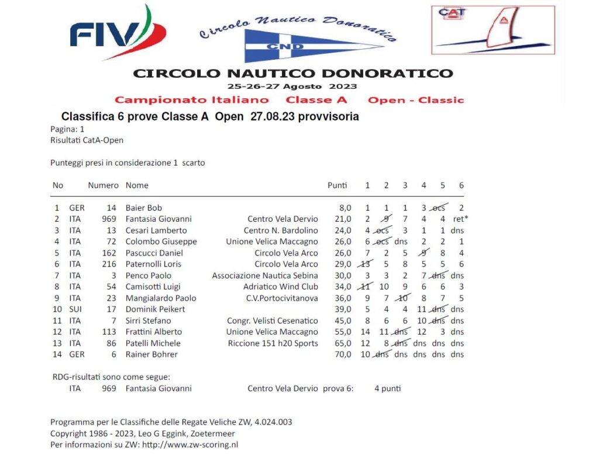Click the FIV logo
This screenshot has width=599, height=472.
[117, 34]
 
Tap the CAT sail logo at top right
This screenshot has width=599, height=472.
[493, 30]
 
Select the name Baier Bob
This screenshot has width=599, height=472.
[144, 208]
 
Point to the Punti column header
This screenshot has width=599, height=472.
[338, 185]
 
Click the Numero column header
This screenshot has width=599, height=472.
[103, 185]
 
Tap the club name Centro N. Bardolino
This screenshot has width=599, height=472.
[281, 230]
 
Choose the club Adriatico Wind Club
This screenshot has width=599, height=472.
[281, 287]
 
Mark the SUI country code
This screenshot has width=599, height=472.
[76, 309]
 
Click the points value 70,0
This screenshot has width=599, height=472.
[343, 354]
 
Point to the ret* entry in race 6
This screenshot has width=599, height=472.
[461, 219]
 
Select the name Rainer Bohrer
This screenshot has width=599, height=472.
[152, 354]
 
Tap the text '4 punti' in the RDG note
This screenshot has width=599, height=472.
[388, 388]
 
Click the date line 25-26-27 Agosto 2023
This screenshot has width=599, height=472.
[292, 86]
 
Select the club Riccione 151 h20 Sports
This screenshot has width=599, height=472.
[273, 343]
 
